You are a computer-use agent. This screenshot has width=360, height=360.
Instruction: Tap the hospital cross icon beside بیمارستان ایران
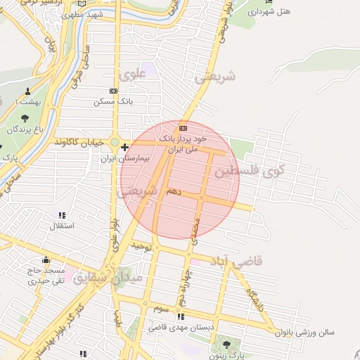click(124, 148)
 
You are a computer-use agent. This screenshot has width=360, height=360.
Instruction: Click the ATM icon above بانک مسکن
click(114, 91)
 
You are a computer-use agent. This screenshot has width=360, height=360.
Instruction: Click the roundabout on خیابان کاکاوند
click(114, 141)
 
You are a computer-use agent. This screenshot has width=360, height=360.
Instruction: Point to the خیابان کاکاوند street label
click(84, 142)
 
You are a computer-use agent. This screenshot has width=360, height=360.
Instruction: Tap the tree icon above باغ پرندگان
click(26, 118)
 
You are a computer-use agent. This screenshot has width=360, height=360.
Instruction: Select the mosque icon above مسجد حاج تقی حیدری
click(46, 259)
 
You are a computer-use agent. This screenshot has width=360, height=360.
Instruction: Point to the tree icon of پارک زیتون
click(227, 344)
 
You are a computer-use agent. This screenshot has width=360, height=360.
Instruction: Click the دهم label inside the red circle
click(174, 191)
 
